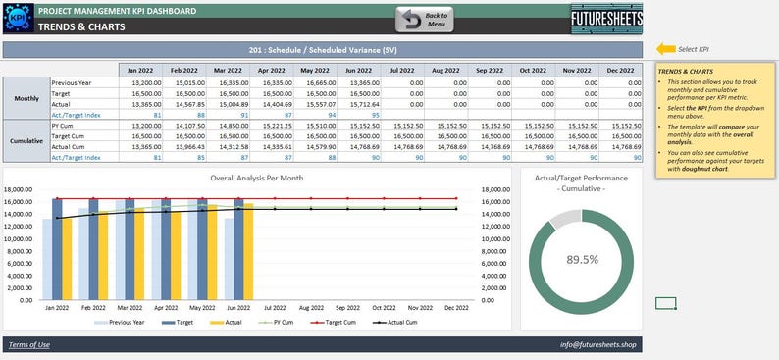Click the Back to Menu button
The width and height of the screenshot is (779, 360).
pyautogui.click(x=424, y=19)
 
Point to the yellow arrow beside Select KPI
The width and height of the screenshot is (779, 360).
pyautogui.click(x=665, y=48)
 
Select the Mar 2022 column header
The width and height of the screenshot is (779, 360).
pyautogui.click(x=228, y=70)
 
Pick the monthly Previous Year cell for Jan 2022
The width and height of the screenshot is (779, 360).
pyautogui.click(x=140, y=83)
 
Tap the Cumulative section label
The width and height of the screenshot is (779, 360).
pyautogui.click(x=26, y=141)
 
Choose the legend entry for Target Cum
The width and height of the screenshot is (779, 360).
pyautogui.click(x=335, y=321)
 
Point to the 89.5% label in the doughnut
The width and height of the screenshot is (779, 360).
pyautogui.click(x=583, y=260)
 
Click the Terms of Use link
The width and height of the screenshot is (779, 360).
pyautogui.click(x=28, y=344)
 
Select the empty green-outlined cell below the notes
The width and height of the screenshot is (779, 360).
pyautogui.click(x=666, y=303)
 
